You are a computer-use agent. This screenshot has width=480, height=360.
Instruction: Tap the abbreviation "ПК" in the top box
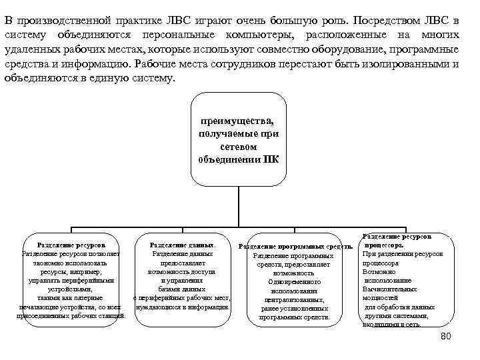pos(271,159)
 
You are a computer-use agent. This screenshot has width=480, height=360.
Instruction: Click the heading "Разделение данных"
pos(182,245)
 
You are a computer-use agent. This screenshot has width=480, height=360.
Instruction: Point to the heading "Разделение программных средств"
pos(295,247)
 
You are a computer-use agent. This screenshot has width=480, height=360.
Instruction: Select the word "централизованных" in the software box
pos(294,300)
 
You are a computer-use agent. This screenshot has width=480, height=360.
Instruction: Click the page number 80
pos(446,336)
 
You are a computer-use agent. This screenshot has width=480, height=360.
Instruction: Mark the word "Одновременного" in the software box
pos(294,282)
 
